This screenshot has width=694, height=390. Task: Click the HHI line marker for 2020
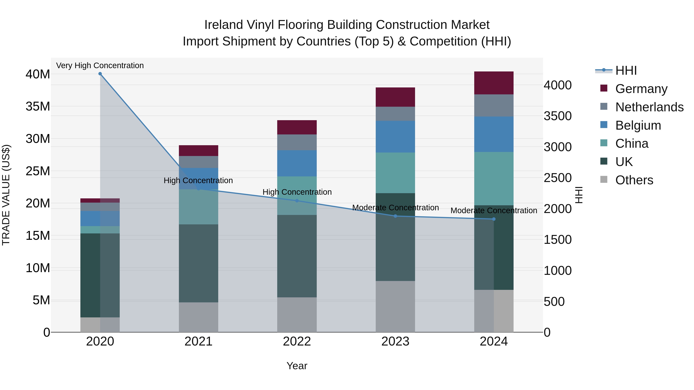click(100, 74)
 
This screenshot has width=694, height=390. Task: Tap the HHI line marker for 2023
click(395, 216)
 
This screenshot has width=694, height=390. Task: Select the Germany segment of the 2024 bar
click(494, 83)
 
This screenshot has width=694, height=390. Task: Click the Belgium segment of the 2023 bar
click(395, 137)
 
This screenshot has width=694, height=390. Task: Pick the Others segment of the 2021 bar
click(198, 317)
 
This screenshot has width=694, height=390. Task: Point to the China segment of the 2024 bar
click(494, 179)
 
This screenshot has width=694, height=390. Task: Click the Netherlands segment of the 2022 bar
click(297, 142)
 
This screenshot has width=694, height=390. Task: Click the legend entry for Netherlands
click(649, 107)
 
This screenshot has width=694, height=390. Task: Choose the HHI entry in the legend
click(626, 70)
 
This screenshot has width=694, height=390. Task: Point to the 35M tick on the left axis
click(38, 107)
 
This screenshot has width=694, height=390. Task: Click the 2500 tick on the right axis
click(557, 178)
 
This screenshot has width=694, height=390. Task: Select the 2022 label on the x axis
click(297, 341)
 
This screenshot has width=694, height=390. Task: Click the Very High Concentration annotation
click(100, 65)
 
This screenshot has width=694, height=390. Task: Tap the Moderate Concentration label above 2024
click(494, 211)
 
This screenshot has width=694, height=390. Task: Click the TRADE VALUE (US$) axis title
click(6, 195)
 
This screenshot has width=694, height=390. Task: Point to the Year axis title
click(297, 366)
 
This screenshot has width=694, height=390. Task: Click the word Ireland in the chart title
click(224, 25)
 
